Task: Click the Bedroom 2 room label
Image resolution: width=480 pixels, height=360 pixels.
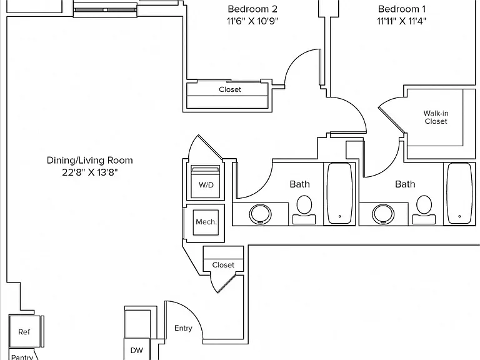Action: [x=252, y=9]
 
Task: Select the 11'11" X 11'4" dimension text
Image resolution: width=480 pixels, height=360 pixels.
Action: [x=402, y=21]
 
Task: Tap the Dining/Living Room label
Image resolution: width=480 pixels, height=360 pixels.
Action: [x=90, y=161]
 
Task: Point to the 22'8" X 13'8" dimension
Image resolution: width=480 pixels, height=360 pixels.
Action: [x=90, y=172]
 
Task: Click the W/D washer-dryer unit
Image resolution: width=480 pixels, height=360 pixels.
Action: [x=206, y=182]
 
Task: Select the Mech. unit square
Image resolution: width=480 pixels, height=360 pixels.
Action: [x=206, y=222]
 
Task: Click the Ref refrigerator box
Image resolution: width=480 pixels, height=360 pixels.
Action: [x=25, y=332]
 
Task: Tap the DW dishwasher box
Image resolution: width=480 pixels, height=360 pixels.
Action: [x=137, y=349]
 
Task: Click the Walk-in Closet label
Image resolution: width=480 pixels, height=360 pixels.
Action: [x=436, y=117]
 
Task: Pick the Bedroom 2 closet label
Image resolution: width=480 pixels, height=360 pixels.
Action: [x=230, y=89]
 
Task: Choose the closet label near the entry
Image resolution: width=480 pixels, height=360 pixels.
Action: [x=223, y=265]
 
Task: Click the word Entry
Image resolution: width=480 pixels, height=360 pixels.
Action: [x=183, y=328]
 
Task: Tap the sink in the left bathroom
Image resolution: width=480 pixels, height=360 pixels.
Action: [x=260, y=214]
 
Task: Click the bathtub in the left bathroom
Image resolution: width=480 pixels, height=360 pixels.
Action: [x=339, y=194]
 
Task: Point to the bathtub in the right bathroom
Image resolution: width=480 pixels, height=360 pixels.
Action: [x=459, y=194]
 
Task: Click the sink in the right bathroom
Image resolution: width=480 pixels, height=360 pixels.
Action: [x=383, y=214]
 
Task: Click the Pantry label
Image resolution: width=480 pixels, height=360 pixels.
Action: [x=22, y=357]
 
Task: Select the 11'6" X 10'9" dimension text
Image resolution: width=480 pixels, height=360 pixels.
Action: [x=252, y=21]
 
